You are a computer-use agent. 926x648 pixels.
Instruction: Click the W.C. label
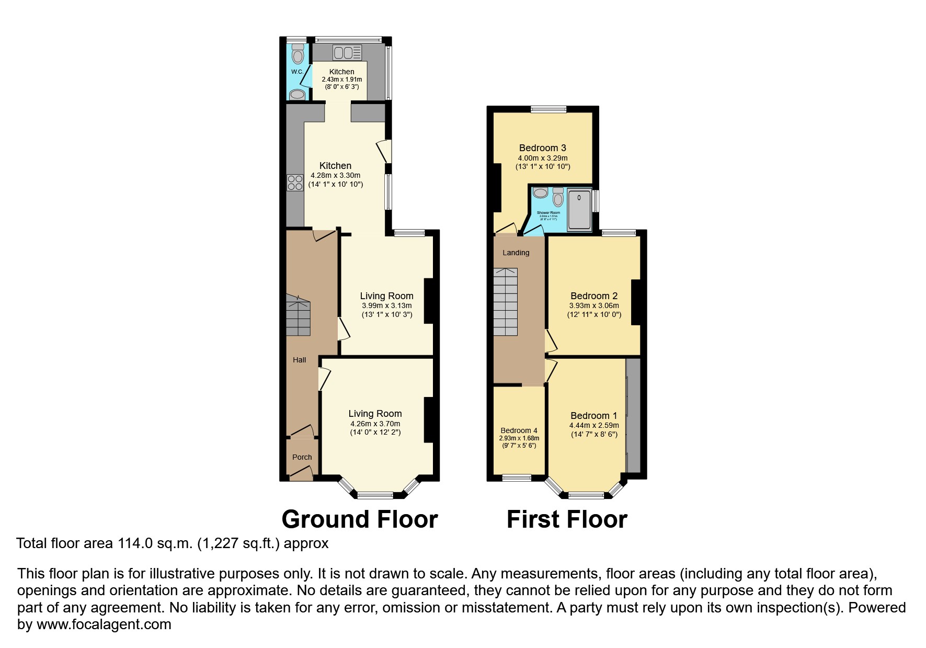pos(297,72)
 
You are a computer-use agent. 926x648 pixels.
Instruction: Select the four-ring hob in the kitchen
pos(295,183)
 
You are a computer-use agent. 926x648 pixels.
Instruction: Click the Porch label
pos(302,457)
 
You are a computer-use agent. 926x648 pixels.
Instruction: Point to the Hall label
pos(299,360)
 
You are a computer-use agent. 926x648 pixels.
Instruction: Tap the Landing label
pos(516,253)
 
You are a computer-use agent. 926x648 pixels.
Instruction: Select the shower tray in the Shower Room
pos(579,209)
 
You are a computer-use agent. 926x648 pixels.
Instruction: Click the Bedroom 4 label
pos(519,430)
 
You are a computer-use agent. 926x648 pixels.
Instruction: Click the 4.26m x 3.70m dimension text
pos(375,424)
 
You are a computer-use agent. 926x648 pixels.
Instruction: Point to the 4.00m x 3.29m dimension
pos(542,158)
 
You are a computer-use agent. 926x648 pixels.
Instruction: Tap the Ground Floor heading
pos(359,519)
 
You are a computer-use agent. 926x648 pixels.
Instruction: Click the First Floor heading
pos(567,519)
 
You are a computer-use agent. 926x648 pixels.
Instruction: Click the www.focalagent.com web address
pos(104,624)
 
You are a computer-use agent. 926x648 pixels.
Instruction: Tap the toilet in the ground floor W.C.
pos(298,54)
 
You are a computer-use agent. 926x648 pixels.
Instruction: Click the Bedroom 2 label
pos(593,296)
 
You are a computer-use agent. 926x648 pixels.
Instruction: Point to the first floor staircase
pos(505,302)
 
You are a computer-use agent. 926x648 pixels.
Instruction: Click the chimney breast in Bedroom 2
pos(636,302)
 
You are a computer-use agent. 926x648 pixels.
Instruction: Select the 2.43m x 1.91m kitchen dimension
pos(341,79)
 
